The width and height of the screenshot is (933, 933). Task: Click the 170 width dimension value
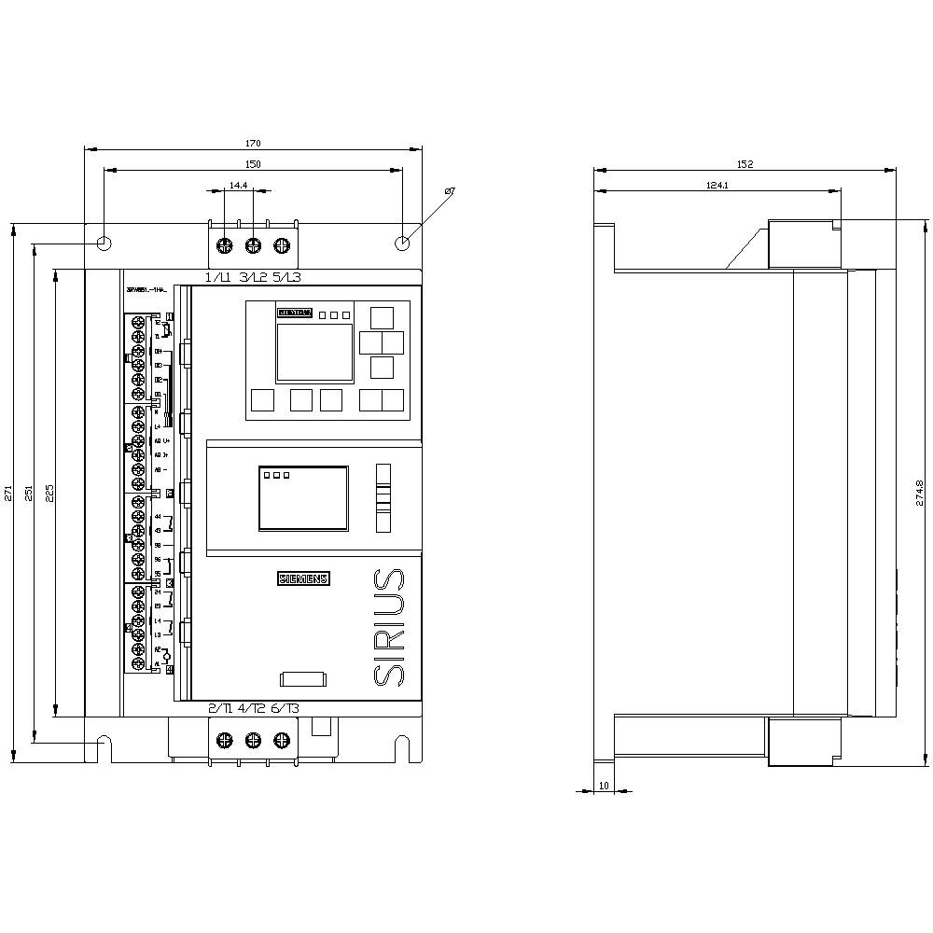253,144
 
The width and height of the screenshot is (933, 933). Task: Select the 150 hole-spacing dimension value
253,164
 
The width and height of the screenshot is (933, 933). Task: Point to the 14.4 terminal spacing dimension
239,186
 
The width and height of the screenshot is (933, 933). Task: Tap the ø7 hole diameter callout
449,191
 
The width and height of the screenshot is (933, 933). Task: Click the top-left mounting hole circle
104,244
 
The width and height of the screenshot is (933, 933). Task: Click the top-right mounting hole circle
402,244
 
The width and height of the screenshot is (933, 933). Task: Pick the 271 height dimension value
8,493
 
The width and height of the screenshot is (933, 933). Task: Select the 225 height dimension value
49,493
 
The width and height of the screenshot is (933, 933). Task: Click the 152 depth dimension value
745,164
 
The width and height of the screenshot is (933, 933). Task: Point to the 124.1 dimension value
717,186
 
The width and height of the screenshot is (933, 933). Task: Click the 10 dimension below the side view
604,786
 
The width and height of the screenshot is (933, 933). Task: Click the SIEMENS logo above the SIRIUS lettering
304,579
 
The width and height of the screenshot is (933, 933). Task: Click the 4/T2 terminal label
252,709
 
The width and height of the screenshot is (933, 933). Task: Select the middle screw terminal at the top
253,246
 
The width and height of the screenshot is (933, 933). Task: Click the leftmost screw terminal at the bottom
224,741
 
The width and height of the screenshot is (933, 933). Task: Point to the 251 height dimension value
28,493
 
